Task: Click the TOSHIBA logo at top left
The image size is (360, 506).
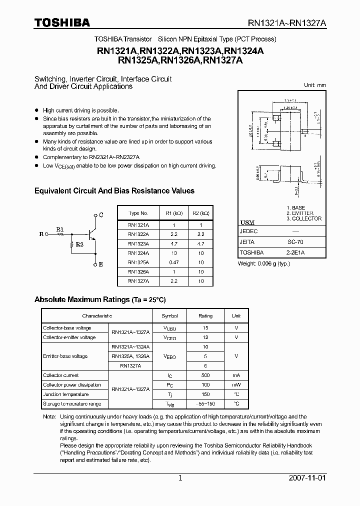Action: coord(62,22)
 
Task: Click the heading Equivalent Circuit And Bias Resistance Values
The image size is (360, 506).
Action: coord(114,191)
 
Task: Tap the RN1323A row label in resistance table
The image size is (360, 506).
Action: coord(138,244)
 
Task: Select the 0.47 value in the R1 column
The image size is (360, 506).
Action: coord(172,262)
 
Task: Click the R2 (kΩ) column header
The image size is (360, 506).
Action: coord(201,212)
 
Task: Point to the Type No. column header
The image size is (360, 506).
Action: coord(138,212)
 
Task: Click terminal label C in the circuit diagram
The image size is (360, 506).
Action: coord(101,215)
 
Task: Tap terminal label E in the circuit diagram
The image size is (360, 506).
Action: coord(101,264)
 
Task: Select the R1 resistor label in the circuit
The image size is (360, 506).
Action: coord(60,229)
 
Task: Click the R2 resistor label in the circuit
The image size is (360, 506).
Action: coord(79,245)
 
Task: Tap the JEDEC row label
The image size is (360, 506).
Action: coord(249,231)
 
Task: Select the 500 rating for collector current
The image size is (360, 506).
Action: coord(205,375)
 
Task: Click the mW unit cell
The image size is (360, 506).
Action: coord(236,385)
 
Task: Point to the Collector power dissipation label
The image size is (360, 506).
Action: coord(72,385)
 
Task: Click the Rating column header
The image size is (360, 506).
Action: coord(205,316)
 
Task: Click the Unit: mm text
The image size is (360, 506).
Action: coord(314,85)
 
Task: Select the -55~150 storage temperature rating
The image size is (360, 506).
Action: coord(205,403)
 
